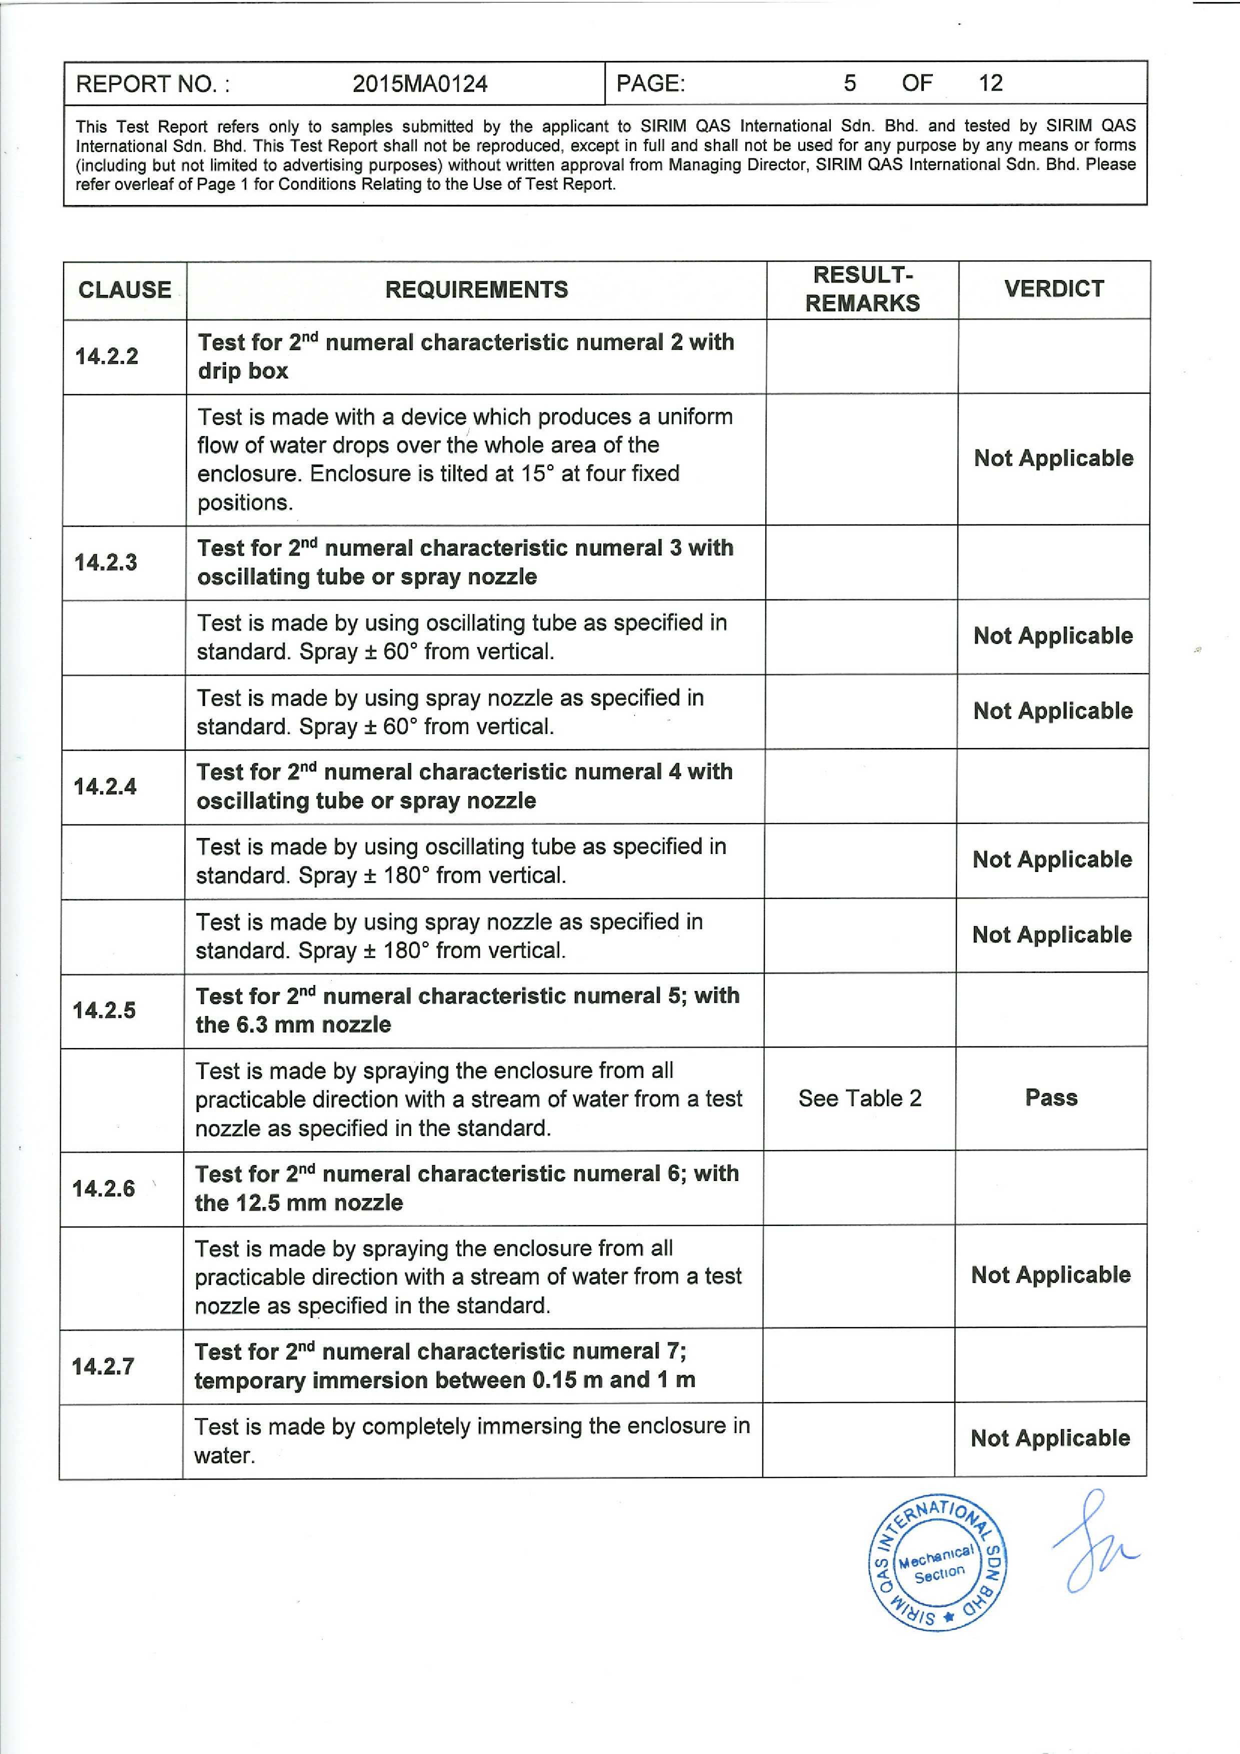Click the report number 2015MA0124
420,83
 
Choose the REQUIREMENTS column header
476,289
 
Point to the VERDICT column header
1053,289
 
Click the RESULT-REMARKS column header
862,289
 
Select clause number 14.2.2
106,356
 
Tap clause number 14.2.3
106,562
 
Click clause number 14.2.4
105,786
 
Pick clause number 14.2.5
104,1010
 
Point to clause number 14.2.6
103,1188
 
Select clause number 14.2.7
103,1366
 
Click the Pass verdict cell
1051,1098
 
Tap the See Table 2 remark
859,1098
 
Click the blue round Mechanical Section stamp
937,1562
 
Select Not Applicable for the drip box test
1053,458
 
